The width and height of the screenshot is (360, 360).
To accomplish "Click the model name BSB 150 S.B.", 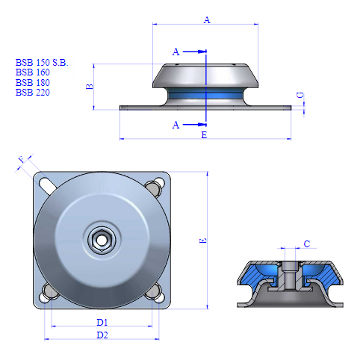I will pyautogui.click(x=41, y=63).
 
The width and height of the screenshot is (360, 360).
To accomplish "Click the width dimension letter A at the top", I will pyautogui.click(x=207, y=21).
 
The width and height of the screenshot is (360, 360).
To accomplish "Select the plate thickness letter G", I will pyautogui.click(x=300, y=96).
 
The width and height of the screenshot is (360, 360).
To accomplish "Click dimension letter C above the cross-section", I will pyautogui.click(x=307, y=244).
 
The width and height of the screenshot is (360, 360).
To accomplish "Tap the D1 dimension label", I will pyautogui.click(x=102, y=322).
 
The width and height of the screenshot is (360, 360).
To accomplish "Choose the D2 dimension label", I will pyautogui.click(x=102, y=335).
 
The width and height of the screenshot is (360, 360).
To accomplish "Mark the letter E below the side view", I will pyautogui.click(x=204, y=134).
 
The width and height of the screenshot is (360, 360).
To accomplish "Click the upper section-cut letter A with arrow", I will pyautogui.click(x=176, y=52).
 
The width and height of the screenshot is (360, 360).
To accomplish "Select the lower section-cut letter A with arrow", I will pyautogui.click(x=176, y=125).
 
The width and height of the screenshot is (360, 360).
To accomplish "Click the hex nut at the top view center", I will pyautogui.click(x=100, y=240).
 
